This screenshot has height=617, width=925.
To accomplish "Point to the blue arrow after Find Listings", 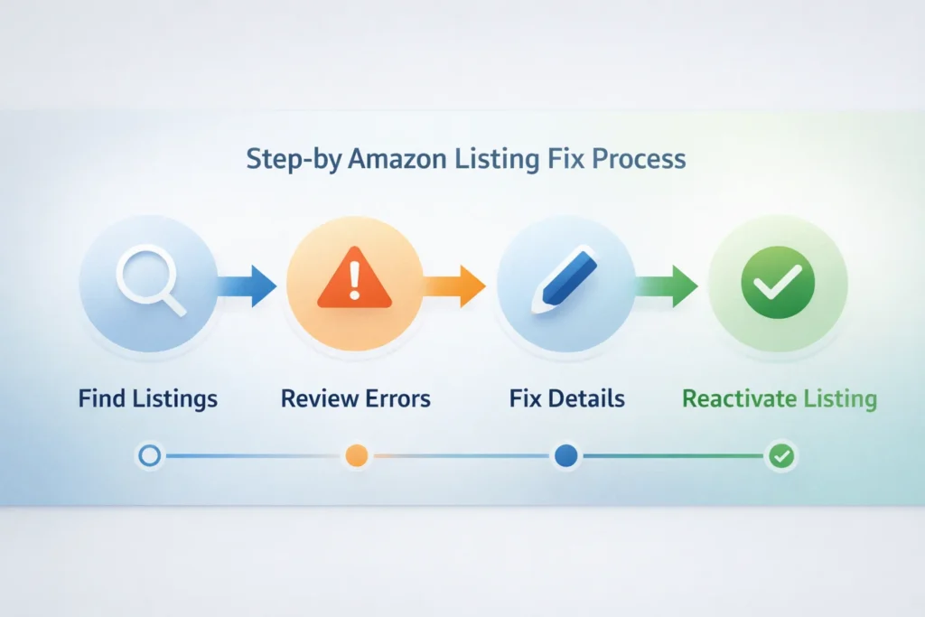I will [x=248, y=285].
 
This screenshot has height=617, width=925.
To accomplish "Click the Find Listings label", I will [x=148, y=397].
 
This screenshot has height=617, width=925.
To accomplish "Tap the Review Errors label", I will [x=355, y=397].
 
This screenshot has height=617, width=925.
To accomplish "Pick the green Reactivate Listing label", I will [x=779, y=397].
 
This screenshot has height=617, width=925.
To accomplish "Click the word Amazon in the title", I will [x=396, y=160].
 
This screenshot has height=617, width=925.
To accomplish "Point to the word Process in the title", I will [x=640, y=160].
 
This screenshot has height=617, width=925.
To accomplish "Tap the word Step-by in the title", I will [x=290, y=160].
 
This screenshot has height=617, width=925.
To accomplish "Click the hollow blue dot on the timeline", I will [x=149, y=456].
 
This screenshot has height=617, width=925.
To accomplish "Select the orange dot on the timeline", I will [x=357, y=456].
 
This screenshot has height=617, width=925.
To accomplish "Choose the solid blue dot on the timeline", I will [x=566, y=456].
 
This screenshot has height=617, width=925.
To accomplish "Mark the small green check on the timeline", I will [x=780, y=457].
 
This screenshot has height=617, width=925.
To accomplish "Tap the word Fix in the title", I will [x=568, y=160].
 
